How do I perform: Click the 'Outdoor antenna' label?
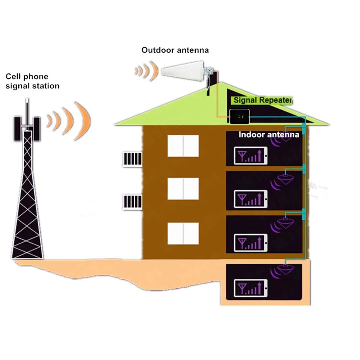pos(175,50)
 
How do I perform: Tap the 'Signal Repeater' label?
pos(263,100)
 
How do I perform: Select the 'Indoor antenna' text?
pos(269,135)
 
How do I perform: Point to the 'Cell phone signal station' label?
pos(32,81)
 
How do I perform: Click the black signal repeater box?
pos(239,117)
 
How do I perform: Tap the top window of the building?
pos(183,146)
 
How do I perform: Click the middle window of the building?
pos(183,189)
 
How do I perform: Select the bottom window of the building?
pos(183,233)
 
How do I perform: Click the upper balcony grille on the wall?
pos(132,159)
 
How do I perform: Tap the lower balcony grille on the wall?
pos(132,202)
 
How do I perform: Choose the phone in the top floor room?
pos(251,156)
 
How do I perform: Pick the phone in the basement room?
pos(251,288)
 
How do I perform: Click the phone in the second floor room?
pos(251,199)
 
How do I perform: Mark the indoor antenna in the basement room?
pos(285,269)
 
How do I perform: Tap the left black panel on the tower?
pos(17,129)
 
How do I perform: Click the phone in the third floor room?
pos(251,243)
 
